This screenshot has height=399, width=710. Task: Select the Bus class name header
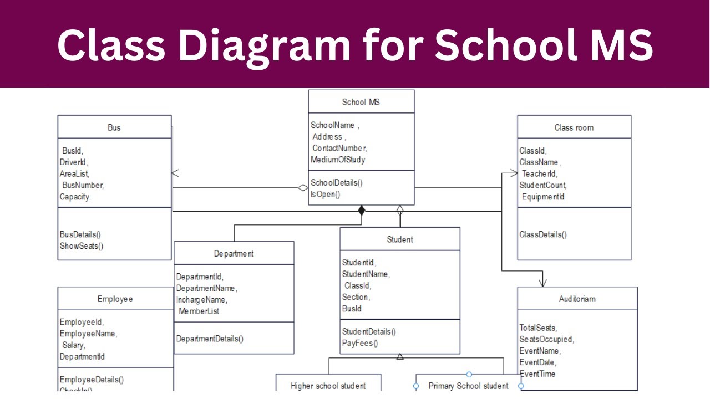click(x=114, y=127)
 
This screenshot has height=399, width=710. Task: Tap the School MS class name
click(x=361, y=102)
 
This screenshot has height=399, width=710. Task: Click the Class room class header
click(x=574, y=127)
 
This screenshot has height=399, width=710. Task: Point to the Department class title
click(x=234, y=253)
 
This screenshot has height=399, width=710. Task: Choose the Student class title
click(x=399, y=239)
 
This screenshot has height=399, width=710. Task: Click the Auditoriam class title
click(x=577, y=299)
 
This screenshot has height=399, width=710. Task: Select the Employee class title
click(x=115, y=299)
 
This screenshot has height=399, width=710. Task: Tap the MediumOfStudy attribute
click(x=338, y=160)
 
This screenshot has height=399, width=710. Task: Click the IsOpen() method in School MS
click(x=325, y=194)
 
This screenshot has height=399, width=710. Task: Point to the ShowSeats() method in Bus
click(x=82, y=246)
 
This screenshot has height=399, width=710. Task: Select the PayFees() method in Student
click(x=359, y=343)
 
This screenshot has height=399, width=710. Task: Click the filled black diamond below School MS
click(x=362, y=210)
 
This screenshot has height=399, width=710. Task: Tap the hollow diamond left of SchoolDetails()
click(x=302, y=188)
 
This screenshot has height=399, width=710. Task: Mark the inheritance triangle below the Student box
click(x=400, y=357)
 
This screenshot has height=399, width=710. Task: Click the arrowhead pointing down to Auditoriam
click(x=542, y=283)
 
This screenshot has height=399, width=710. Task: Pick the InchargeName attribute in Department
click(x=201, y=300)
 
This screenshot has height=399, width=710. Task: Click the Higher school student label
click(x=328, y=386)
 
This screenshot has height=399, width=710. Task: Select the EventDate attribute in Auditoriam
click(x=537, y=362)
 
